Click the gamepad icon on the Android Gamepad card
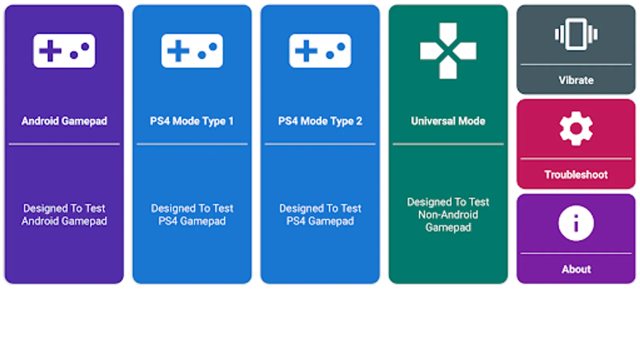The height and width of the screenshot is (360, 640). click(64, 51)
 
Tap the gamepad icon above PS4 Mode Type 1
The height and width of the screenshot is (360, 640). click(192, 51)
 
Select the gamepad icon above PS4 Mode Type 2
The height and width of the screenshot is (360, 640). click(320, 51)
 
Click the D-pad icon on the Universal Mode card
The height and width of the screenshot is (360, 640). click(448, 51)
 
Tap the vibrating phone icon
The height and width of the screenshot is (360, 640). click(576, 34)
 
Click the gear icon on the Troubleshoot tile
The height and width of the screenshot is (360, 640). click(576, 128)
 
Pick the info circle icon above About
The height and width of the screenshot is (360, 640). click(576, 223)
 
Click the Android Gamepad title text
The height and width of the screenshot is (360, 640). click(64, 121)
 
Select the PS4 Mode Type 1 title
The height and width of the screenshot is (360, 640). click(192, 121)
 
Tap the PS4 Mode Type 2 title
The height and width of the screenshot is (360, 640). click(320, 121)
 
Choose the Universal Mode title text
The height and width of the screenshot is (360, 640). click(448, 121)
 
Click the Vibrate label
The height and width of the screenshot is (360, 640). click(576, 80)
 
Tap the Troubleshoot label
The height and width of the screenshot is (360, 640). click(576, 174)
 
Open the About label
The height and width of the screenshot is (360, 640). click(576, 269)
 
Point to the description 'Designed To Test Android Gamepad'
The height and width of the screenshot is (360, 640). click(64, 214)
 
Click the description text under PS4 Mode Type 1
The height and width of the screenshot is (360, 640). click(192, 214)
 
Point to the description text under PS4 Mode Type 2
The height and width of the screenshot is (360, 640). click(320, 214)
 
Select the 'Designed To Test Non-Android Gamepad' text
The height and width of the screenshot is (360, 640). click(448, 214)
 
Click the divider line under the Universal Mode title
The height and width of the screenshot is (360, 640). click(448, 144)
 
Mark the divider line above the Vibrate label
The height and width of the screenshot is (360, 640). click(576, 65)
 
